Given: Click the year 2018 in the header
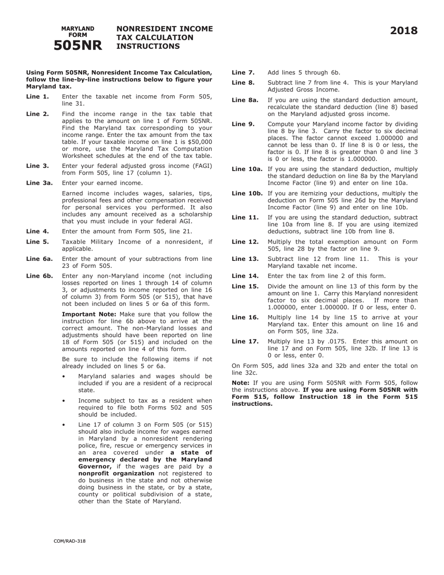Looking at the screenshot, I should point(404,31).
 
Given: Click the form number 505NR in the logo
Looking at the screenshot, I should point(78,45).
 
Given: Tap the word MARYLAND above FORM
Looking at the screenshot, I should point(78,29).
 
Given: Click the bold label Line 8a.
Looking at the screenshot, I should point(245,100).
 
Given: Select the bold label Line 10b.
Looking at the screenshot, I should point(247,194).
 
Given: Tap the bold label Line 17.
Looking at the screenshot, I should point(245,341).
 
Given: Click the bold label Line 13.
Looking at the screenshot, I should point(245,259).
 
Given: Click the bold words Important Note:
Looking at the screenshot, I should point(89,314).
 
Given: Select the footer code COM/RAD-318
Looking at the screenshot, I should point(70,541).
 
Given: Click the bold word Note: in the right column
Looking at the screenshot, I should point(241,382).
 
